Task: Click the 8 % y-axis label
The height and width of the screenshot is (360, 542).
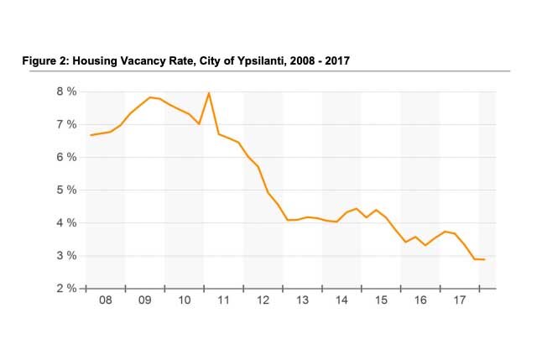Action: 66,91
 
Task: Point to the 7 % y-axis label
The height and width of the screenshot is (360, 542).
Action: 66,124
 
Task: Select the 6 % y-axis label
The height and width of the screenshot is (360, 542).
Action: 66,157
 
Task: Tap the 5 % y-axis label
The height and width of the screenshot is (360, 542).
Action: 66,190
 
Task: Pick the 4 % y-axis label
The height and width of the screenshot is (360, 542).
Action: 66,223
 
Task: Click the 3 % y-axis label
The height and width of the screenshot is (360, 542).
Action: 66,256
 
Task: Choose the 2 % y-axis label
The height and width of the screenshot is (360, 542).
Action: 66,289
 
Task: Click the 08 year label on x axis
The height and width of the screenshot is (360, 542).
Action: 106,300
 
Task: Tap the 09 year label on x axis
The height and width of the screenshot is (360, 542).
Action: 145,300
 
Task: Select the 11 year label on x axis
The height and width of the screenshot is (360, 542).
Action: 224,300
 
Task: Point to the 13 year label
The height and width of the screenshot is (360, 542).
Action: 302,300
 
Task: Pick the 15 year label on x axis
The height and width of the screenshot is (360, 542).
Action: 381,300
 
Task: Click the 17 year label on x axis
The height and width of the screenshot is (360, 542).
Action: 459,300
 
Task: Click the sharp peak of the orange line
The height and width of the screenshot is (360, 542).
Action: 208,93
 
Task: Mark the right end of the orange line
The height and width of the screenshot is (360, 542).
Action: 485,259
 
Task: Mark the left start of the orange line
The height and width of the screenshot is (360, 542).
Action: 91,135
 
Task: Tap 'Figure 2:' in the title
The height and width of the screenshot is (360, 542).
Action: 51,61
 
